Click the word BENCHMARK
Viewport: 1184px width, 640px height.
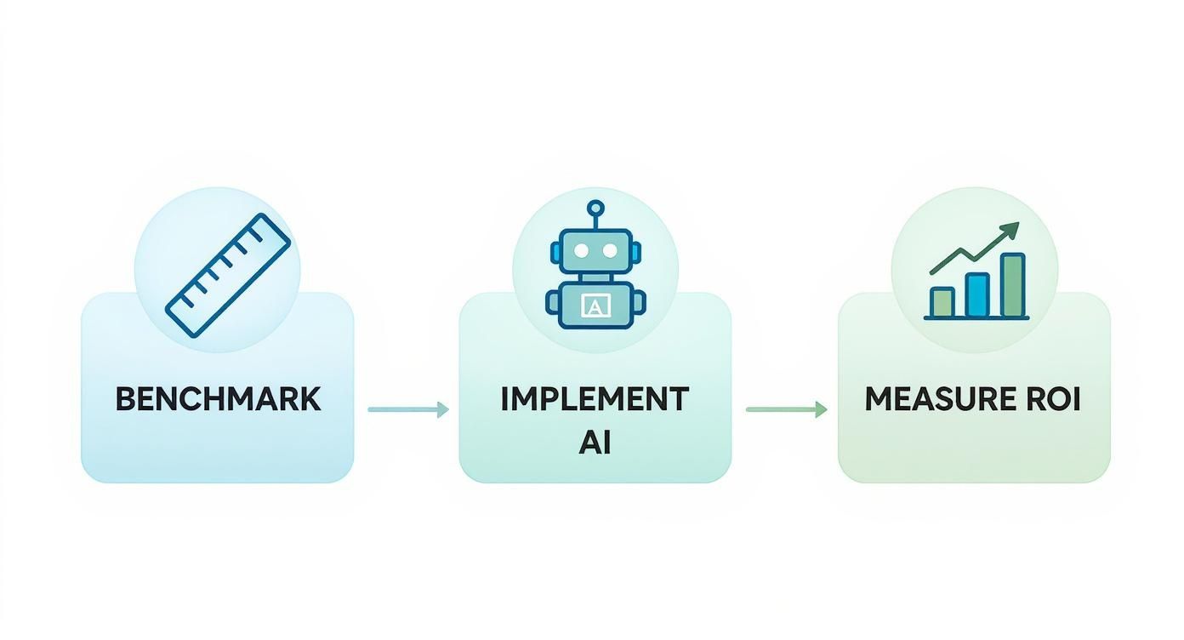tap(218, 399)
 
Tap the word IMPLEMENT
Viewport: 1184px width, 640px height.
tap(595, 399)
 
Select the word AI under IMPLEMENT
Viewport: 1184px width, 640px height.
tap(595, 443)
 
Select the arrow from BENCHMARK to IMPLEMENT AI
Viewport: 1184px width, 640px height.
tap(408, 409)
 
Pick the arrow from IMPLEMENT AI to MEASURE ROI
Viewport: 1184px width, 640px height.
tap(786, 409)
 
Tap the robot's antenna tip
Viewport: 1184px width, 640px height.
tap(595, 207)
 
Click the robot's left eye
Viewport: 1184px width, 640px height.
tap(582, 251)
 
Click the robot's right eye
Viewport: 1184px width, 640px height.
tap(609, 251)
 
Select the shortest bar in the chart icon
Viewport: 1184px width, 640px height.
tap(942, 302)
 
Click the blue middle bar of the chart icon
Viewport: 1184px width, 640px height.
tap(977, 294)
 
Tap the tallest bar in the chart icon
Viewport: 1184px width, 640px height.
tap(1012, 285)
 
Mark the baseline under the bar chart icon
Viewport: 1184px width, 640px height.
tap(976, 318)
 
